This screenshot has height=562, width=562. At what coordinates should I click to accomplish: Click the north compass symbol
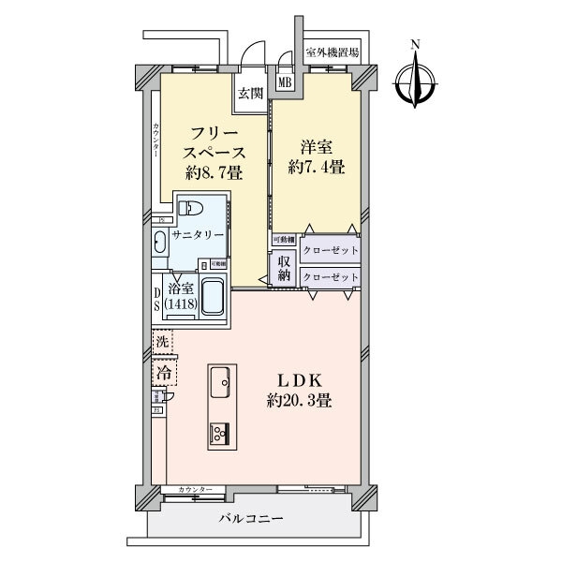(x=415, y=78)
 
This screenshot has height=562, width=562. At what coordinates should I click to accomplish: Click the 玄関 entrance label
(x=248, y=94)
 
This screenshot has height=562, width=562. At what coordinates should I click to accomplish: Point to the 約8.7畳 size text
(x=215, y=173)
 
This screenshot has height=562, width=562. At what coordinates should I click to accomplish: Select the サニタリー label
(x=198, y=237)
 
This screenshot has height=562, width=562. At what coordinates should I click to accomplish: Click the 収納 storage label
(x=284, y=269)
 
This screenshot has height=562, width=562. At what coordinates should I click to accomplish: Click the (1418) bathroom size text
(x=182, y=304)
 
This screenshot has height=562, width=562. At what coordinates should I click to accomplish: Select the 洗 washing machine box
(x=162, y=343)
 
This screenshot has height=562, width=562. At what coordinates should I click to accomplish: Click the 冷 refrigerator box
(x=164, y=372)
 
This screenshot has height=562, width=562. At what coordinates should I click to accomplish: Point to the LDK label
(x=298, y=381)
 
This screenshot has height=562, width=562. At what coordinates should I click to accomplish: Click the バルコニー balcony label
(x=252, y=518)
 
